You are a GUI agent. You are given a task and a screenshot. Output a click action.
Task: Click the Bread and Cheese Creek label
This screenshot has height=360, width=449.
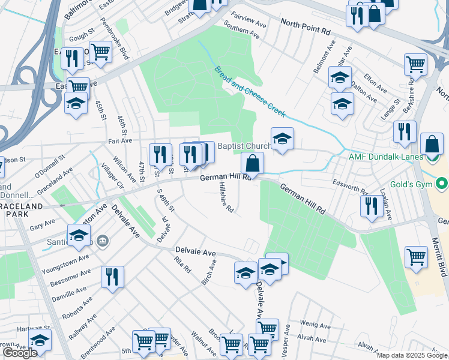[x=250, y=91]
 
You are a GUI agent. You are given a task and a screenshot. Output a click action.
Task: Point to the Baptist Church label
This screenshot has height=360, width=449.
[x=244, y=146]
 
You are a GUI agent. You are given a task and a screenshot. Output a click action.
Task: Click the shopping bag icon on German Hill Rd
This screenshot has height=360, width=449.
[x=253, y=163]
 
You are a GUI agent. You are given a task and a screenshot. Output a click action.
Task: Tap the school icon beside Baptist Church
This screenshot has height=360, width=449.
[x=282, y=139]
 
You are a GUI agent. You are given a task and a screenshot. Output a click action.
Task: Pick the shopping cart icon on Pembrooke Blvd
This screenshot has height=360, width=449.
[x=100, y=52]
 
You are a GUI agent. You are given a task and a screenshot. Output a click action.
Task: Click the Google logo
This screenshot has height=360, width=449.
[x=19, y=353]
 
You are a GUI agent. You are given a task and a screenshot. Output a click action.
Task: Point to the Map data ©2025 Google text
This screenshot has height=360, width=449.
[x=412, y=355]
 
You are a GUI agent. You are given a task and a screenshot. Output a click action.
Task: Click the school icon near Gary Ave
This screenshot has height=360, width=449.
[x=79, y=236]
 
